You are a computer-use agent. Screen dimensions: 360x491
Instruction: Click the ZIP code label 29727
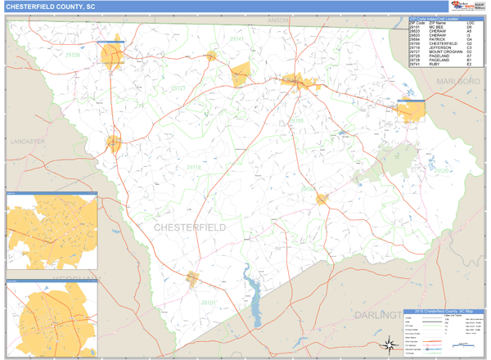coord(178,88)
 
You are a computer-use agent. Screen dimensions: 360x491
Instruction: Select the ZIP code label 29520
coord(441,171)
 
